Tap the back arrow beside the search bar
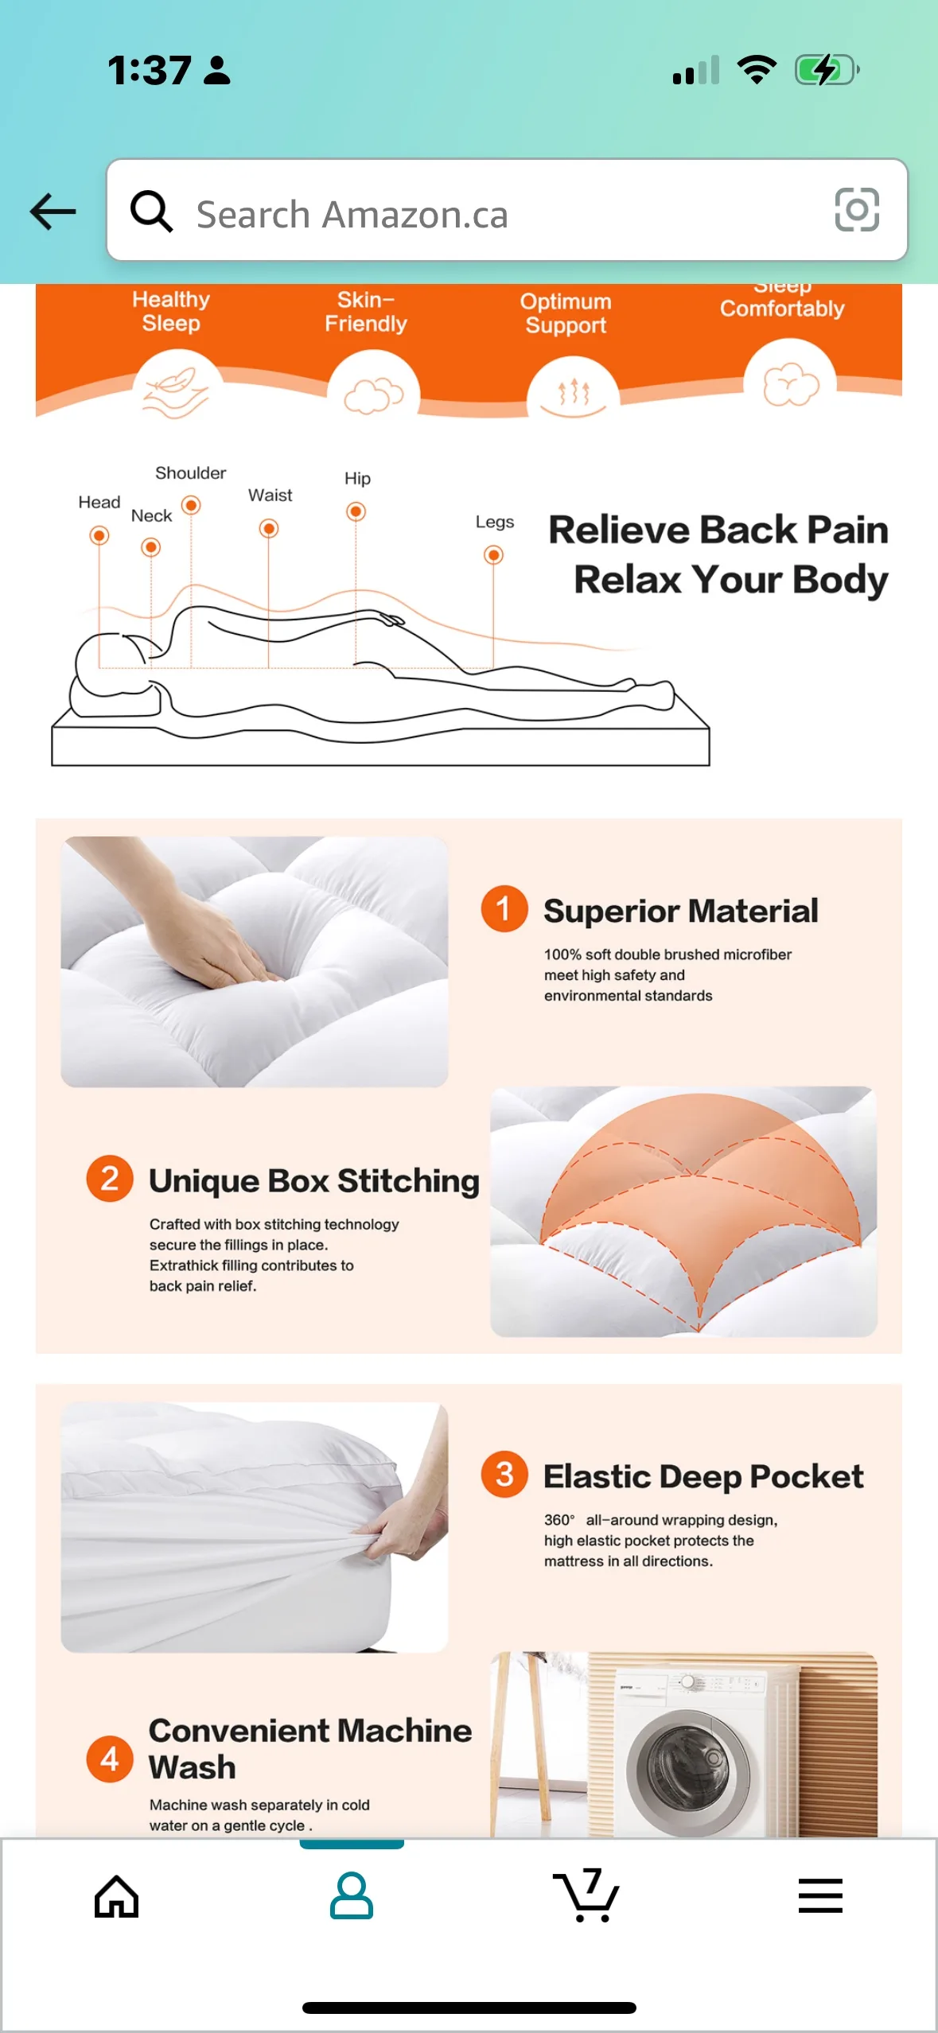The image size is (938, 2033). [x=53, y=212]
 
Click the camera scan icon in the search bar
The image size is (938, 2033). [x=856, y=210]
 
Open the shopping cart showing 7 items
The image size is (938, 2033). [x=586, y=1895]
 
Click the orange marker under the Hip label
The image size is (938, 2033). [x=356, y=511]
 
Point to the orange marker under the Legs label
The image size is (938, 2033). [x=493, y=554]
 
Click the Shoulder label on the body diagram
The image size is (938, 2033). [x=190, y=473]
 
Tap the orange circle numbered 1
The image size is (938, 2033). [x=504, y=908]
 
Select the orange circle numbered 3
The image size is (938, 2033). [x=504, y=1474]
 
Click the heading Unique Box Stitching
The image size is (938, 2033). [x=314, y=1180]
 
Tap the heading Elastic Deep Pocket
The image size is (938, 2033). [x=703, y=1476]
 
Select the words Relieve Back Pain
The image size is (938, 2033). [x=718, y=530]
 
